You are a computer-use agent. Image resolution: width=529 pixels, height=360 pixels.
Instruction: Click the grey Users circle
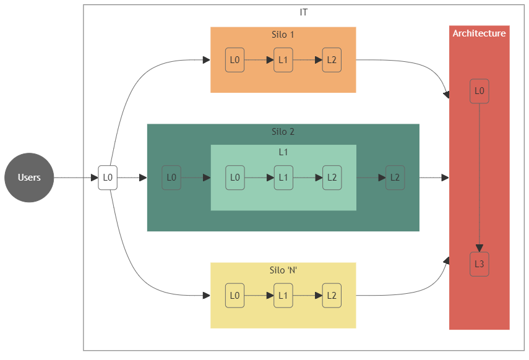29,178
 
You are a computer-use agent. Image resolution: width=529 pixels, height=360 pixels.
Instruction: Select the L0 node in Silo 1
234,60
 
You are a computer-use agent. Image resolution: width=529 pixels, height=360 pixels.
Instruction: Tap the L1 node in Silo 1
283,60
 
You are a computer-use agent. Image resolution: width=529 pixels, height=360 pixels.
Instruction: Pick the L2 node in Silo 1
332,60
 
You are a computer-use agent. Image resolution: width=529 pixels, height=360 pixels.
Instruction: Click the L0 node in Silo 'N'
234,296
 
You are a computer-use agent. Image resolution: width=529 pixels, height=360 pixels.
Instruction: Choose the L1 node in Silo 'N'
283,296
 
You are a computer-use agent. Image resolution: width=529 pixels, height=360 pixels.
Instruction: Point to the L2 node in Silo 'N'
332,296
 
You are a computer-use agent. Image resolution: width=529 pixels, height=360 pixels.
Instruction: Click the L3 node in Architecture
479,264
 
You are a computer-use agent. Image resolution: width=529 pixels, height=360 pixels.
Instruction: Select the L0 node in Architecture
479,91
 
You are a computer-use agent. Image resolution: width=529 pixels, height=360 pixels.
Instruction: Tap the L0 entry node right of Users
108,178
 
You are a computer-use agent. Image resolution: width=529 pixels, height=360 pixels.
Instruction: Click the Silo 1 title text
283,35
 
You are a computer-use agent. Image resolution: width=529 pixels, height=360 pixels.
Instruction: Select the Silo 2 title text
283,132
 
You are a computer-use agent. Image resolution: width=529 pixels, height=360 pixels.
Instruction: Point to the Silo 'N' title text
283,270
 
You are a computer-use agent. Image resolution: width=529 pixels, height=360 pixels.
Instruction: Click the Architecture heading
479,33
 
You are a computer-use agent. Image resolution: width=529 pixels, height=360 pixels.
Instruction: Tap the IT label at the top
304,12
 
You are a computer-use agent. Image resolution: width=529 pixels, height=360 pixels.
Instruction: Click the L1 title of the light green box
283,152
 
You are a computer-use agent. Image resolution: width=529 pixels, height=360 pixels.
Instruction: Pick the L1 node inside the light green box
283,178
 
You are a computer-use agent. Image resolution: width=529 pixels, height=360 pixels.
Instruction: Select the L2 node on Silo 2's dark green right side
395,178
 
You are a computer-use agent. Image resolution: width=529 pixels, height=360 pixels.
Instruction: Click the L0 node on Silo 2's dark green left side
171,178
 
